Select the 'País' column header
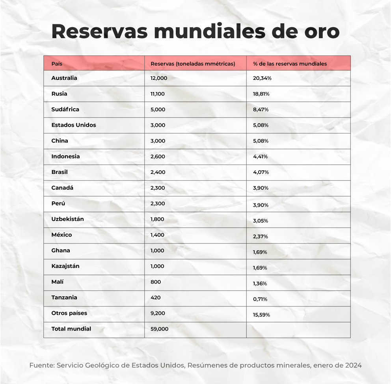pyautogui.click(x=57, y=64)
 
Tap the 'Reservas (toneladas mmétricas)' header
pyautogui.click(x=193, y=64)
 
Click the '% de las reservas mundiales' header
pyautogui.click(x=290, y=64)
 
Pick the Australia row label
pyautogui.click(x=64, y=78)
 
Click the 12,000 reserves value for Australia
pyautogui.click(x=159, y=78)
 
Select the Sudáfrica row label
pyautogui.click(x=65, y=109)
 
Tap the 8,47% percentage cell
pyautogui.click(x=261, y=110)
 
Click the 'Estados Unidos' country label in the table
pyautogui.click(x=74, y=125)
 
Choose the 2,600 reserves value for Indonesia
pyautogui.click(x=158, y=157)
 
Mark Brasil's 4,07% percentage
pyautogui.click(x=261, y=172)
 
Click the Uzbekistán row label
pyautogui.click(x=67, y=219)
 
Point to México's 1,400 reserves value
pyautogui.click(x=157, y=235)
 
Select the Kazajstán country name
pyautogui.click(x=65, y=266)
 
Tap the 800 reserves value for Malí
pyautogui.click(x=156, y=282)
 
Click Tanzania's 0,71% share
pyautogui.click(x=260, y=299)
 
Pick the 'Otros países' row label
pyautogui.click(x=69, y=313)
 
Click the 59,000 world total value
pyautogui.click(x=159, y=329)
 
